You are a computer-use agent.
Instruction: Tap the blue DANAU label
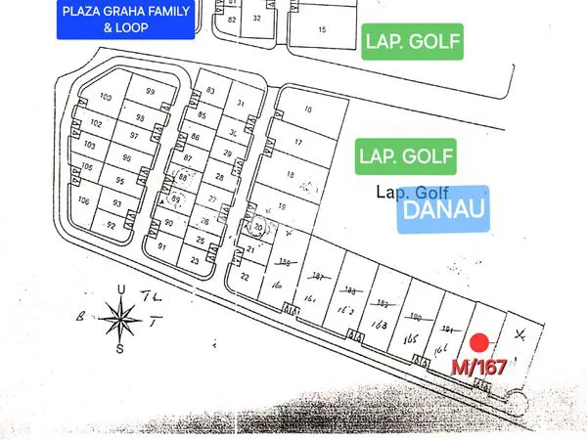[443, 209]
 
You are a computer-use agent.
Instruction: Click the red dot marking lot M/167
[479, 342]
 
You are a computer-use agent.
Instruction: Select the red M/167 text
[480, 368]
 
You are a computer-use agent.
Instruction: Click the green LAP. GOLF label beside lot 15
[411, 42]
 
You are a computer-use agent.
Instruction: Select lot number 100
[106, 97]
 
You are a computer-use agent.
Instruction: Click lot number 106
[84, 200]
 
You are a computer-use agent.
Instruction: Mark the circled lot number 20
[259, 227]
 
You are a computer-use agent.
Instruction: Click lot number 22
[245, 277]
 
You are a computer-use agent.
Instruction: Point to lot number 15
[323, 30]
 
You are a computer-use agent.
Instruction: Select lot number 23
[195, 261]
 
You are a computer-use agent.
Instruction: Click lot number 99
[150, 91]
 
